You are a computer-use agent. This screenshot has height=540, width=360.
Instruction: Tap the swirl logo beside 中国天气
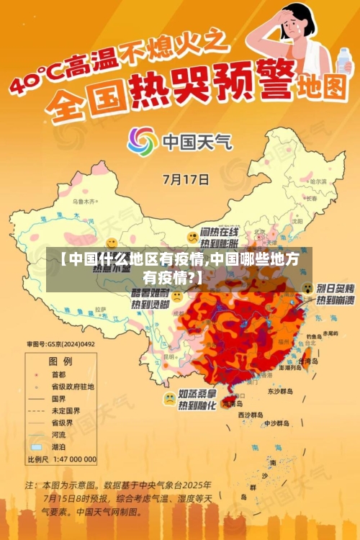click(142, 141)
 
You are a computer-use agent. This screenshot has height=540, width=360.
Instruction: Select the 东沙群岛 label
click(282, 392)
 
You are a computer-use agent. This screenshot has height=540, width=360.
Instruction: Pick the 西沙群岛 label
click(250, 415)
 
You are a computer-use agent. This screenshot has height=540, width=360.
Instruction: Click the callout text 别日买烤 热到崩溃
click(335, 293)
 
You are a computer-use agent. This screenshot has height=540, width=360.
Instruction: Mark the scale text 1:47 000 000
click(73, 459)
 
